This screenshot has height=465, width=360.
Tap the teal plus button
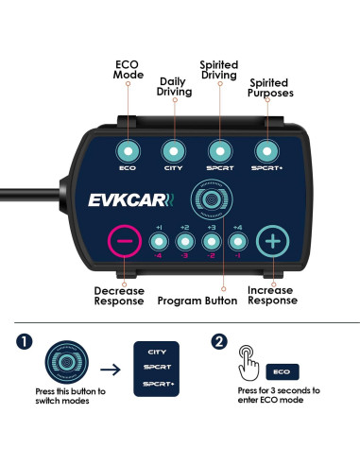pyautogui.click(x=272, y=241)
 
